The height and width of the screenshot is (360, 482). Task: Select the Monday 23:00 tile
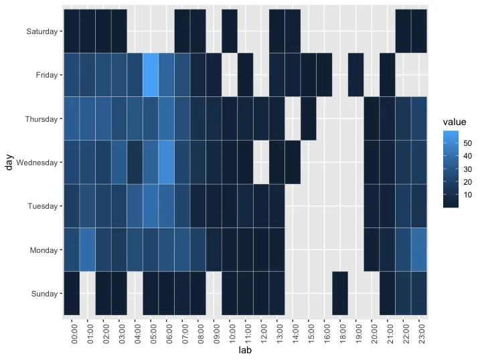419,250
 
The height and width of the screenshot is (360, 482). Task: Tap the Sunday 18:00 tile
340,293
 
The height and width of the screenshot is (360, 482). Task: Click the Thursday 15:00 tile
309,118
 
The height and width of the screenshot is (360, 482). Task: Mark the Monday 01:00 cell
88,250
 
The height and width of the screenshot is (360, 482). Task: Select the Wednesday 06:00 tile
167,162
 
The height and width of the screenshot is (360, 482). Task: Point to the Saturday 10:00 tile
230,31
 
